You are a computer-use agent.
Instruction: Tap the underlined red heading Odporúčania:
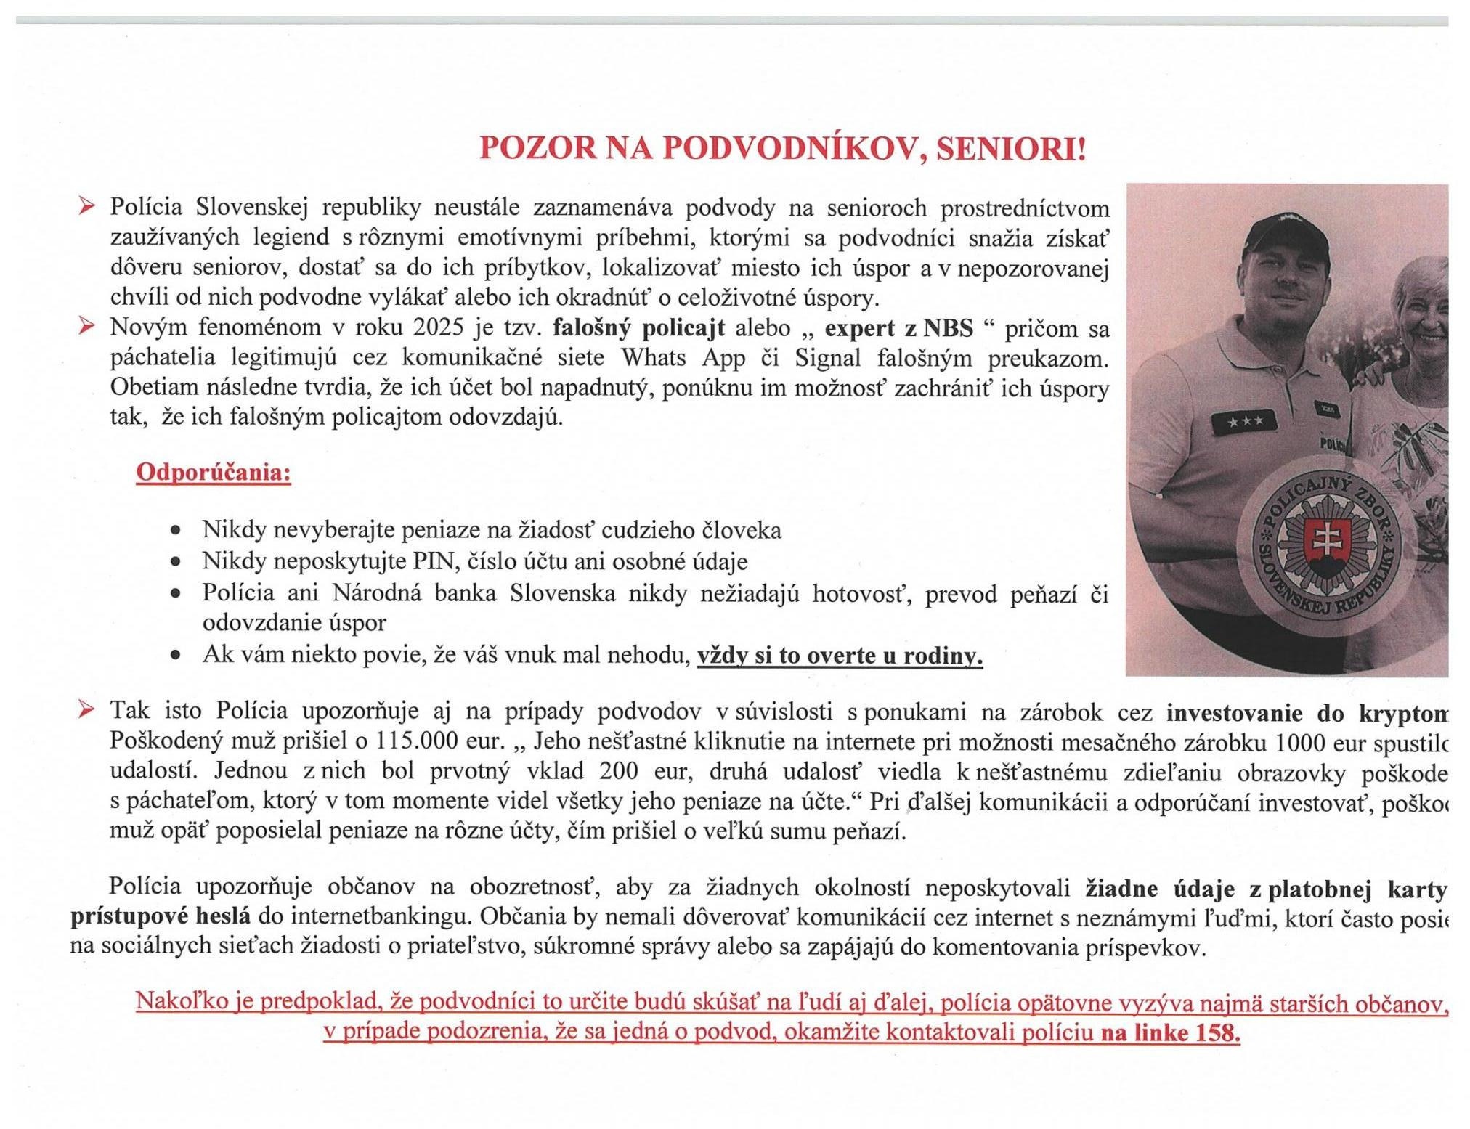214,473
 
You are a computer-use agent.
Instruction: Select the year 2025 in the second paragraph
438,327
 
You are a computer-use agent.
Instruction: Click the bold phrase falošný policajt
638,328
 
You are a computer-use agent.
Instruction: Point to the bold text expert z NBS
898,328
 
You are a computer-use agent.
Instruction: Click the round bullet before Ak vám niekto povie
175,655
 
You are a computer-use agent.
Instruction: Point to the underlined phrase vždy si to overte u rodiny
840,656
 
